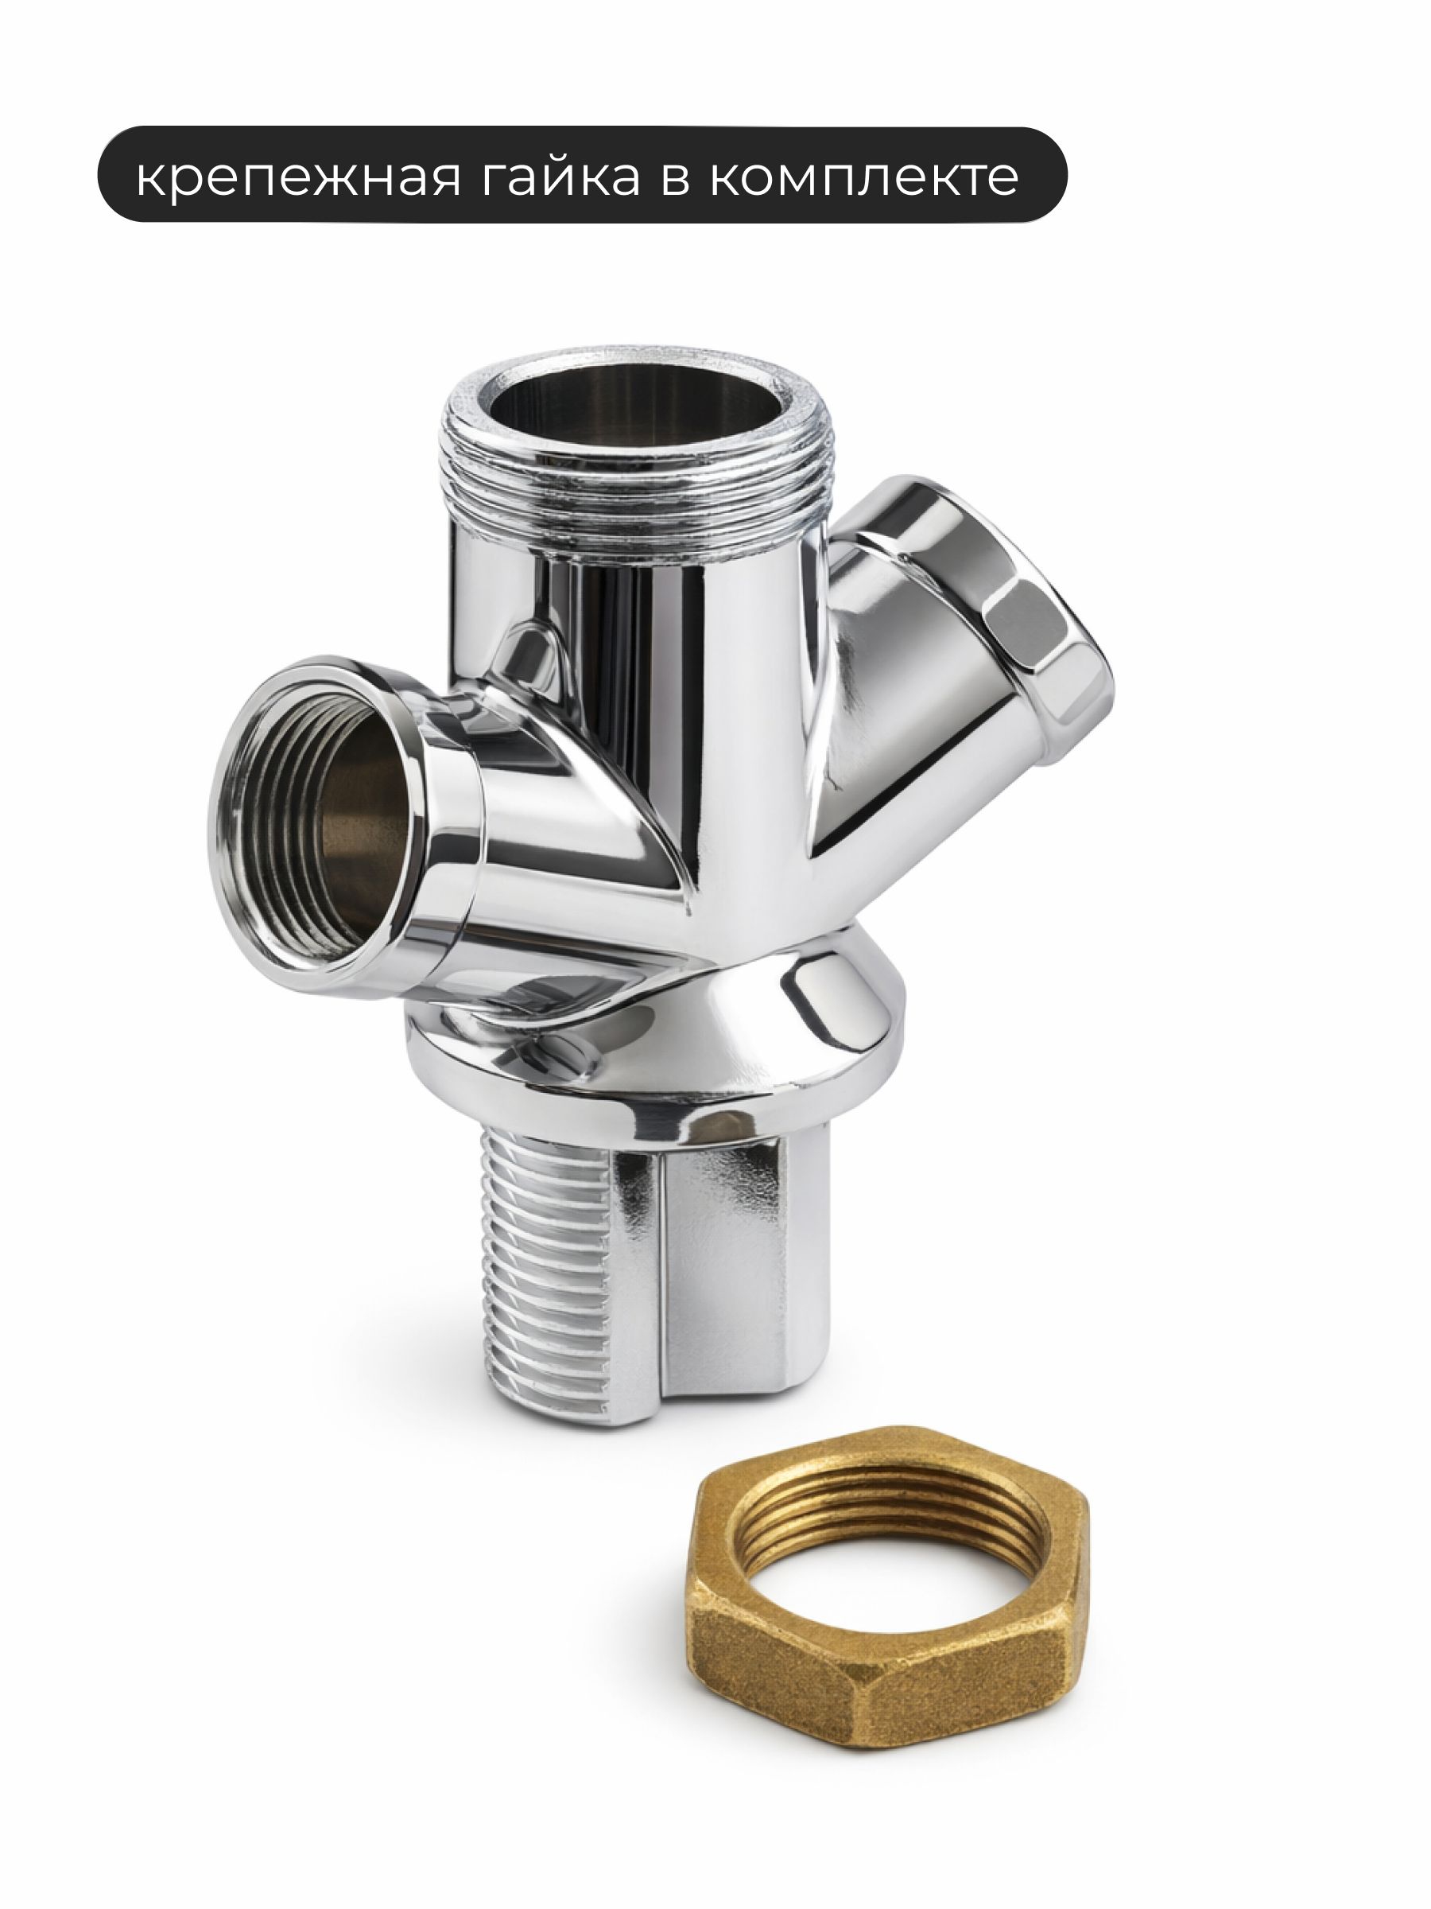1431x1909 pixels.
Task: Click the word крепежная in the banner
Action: [298, 178]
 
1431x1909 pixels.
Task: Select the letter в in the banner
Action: [677, 179]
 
